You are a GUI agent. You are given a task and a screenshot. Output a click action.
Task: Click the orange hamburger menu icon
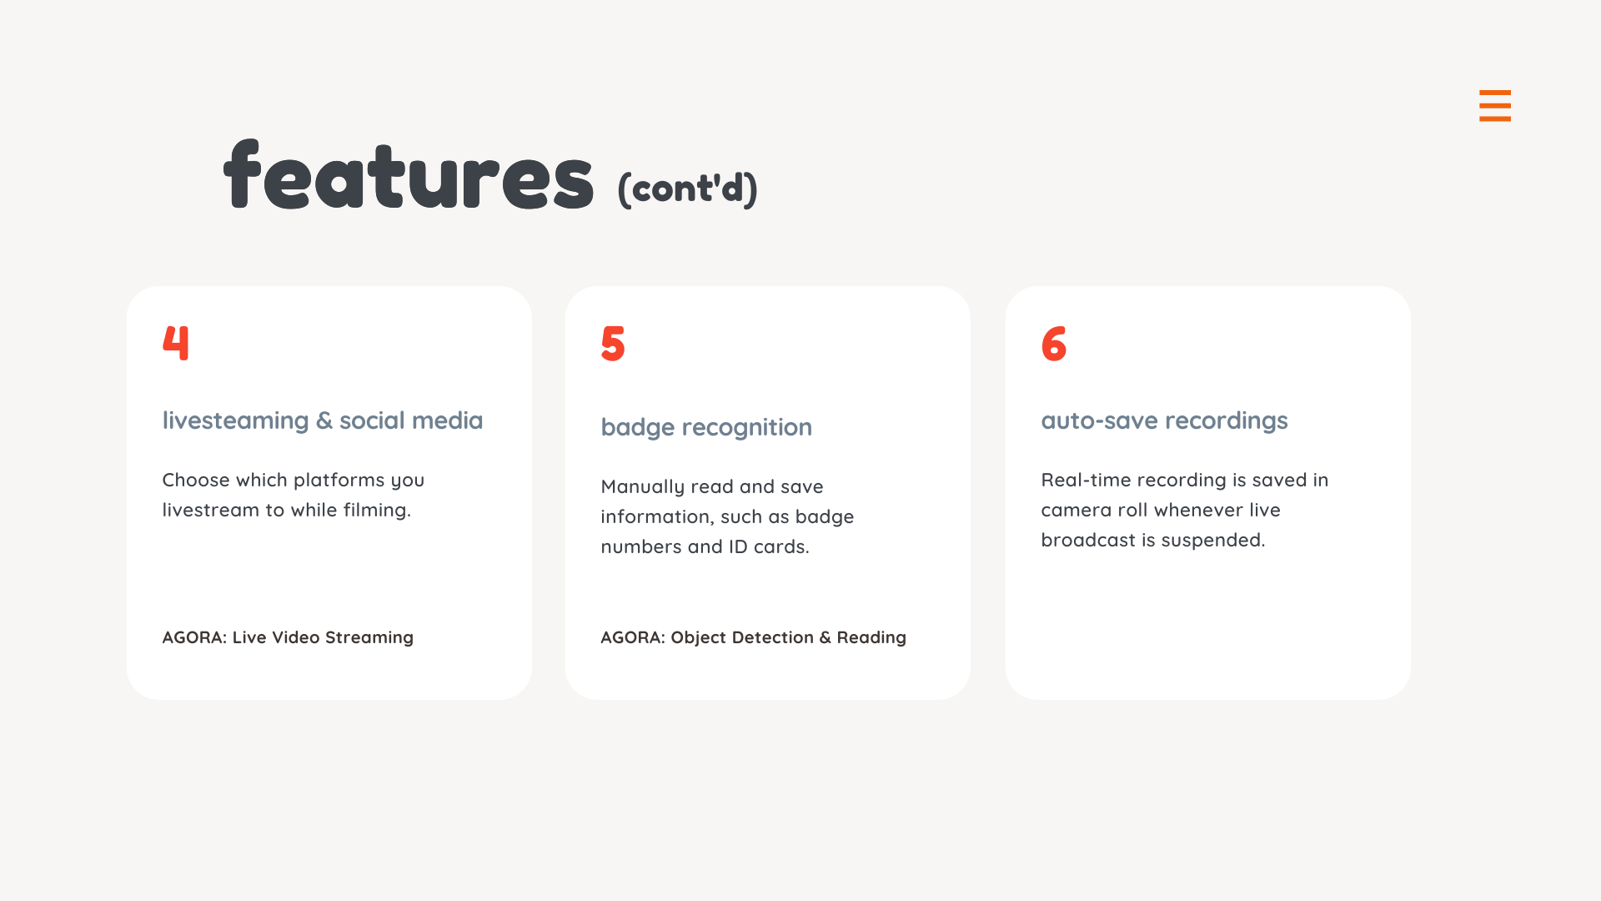coord(1495,106)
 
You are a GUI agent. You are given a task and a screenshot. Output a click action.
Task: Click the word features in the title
coord(409,175)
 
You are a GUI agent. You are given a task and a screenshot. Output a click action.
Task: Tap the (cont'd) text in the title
coord(687,189)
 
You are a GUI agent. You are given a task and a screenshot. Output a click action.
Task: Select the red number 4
coord(176,342)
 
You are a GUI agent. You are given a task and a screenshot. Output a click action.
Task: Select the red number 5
coord(613,343)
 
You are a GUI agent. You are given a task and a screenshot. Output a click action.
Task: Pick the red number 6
coord(1054,343)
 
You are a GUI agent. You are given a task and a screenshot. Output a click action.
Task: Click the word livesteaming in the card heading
coord(235,420)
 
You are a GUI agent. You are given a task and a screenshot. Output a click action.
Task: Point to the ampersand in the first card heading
coord(324,421)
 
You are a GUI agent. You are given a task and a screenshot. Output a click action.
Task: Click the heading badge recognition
coord(706,427)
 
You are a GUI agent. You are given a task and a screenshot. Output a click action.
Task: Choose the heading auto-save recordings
coord(1164,420)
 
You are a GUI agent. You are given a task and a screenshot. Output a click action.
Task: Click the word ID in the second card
coord(738,546)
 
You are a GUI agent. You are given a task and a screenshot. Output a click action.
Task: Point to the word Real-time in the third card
coord(1086,480)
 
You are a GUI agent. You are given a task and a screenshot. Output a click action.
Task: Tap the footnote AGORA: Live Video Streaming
coord(288,637)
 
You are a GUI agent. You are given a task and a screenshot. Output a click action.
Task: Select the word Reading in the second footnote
coord(871,638)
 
